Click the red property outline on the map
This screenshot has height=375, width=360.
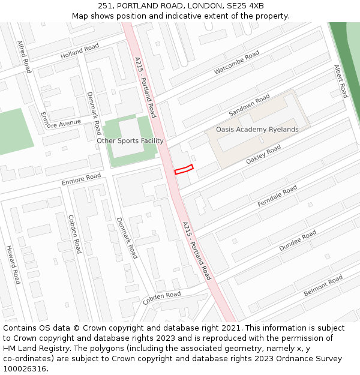tap(184, 169)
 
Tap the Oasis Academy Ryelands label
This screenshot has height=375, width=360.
tap(257, 130)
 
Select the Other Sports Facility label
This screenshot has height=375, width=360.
tap(130, 141)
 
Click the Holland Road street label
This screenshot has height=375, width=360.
tap(80, 52)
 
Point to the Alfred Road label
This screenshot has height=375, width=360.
tap(23, 56)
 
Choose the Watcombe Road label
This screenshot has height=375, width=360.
tap(237, 62)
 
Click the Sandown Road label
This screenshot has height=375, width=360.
tap(250, 106)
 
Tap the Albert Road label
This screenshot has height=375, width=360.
tap(340, 82)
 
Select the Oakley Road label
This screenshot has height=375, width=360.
tap(263, 155)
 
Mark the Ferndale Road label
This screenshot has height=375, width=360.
tap(277, 196)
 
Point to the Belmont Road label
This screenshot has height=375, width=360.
tap(323, 285)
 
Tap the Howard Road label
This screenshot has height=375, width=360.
tap(13, 265)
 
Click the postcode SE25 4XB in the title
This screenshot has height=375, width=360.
tap(246, 5)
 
